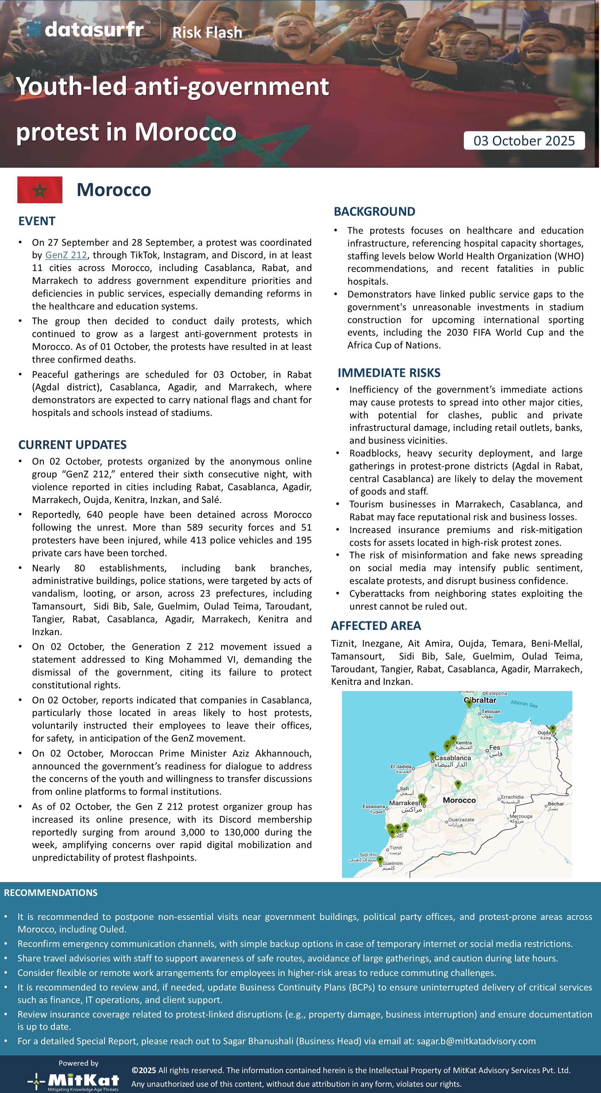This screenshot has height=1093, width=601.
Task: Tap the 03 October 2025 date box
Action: coord(524,140)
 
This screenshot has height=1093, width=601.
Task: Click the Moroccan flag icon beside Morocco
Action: coord(40,190)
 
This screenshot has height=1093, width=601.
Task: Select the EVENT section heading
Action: coord(37,221)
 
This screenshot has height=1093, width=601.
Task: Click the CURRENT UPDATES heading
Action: coord(73,445)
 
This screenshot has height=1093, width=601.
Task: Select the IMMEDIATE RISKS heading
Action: coord(389,373)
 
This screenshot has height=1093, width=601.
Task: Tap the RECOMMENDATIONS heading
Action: coord(51,892)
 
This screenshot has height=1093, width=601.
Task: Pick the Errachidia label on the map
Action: coord(512,797)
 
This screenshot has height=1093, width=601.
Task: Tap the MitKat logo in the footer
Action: coord(74,1081)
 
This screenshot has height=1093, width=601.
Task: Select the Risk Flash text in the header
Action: coord(207,32)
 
